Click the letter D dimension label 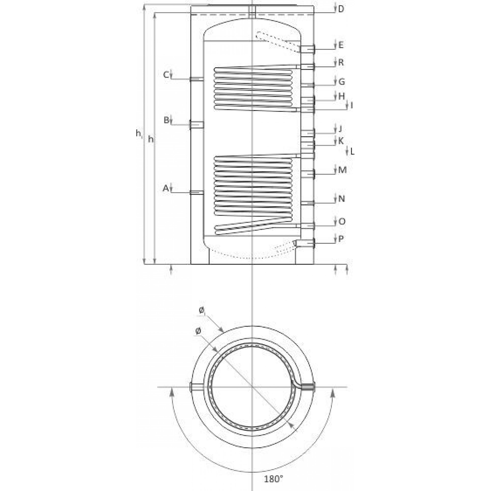[341, 9]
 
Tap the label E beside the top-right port [341, 45]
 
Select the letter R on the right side [341, 62]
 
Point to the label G [341, 82]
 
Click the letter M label [342, 170]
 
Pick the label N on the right [342, 199]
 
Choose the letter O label [342, 222]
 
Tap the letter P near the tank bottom [341, 239]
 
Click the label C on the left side [166, 75]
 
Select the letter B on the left [166, 120]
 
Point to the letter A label [166, 188]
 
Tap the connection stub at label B [196, 125]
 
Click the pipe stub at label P [305, 244]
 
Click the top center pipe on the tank [252, 12]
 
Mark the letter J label [341, 129]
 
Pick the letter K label [341, 140]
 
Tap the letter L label [352, 152]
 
